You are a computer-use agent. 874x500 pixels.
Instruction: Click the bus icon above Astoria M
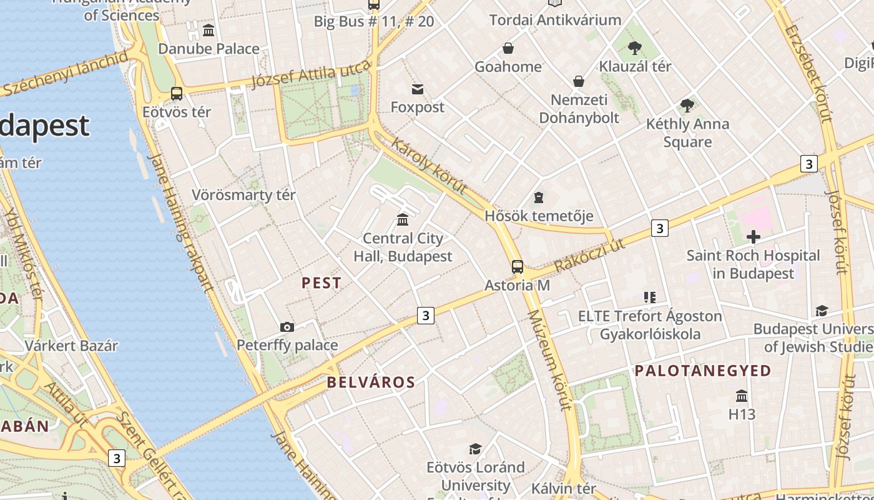(517, 267)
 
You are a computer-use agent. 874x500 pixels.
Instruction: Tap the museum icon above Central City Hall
(403, 220)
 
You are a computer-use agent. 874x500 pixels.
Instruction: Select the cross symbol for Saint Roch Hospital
(754, 237)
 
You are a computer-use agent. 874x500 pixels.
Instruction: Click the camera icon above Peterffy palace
(287, 327)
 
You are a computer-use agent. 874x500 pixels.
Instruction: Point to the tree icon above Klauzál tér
(635, 47)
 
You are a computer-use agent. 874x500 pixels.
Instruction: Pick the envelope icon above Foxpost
(418, 89)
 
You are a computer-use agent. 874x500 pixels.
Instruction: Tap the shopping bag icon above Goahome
(508, 48)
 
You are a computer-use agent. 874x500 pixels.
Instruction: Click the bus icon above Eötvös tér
(177, 94)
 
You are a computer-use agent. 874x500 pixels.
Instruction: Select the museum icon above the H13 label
(742, 396)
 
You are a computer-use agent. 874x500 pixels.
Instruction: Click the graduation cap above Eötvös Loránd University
(475, 449)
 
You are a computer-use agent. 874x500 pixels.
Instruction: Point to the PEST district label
(322, 283)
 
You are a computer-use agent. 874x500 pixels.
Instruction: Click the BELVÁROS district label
(371, 382)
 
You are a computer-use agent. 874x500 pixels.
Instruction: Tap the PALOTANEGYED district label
(703, 371)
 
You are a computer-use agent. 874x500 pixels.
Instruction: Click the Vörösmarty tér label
(243, 195)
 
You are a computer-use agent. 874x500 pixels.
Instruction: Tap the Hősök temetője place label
(539, 216)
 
